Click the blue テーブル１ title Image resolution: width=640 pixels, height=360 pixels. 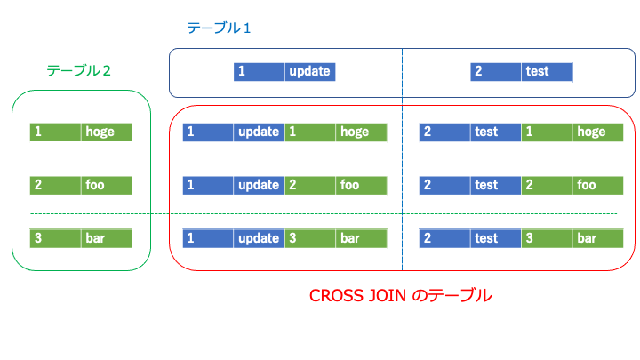click(219, 28)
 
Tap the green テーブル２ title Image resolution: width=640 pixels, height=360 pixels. click(78, 70)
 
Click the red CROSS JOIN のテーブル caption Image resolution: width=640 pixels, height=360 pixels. click(400, 295)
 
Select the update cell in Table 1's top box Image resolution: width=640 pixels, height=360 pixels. click(310, 71)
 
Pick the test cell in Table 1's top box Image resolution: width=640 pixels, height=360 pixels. click(547, 71)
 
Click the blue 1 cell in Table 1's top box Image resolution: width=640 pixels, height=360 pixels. click(259, 71)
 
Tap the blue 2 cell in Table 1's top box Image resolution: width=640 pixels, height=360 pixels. click(495, 71)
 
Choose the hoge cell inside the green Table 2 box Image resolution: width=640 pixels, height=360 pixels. click(106, 132)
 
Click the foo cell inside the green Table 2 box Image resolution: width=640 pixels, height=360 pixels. click(106, 185)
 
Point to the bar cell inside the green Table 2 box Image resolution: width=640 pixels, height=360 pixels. click(106, 238)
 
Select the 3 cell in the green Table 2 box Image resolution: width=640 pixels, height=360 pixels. click(55, 238)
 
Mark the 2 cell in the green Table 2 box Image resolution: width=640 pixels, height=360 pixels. click(55, 185)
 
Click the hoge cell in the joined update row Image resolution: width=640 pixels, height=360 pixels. click(361, 132)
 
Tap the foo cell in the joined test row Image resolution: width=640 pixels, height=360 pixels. click(598, 185)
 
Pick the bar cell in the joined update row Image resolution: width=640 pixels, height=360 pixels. click(361, 238)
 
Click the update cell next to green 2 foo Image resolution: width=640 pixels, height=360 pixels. click(259, 185)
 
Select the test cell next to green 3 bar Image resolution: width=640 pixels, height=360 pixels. click(495, 238)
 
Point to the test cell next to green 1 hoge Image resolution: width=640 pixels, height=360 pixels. click(495, 132)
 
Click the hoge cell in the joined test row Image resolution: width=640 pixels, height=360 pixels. click(598, 132)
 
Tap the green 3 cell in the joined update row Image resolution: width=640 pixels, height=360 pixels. click(310, 238)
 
